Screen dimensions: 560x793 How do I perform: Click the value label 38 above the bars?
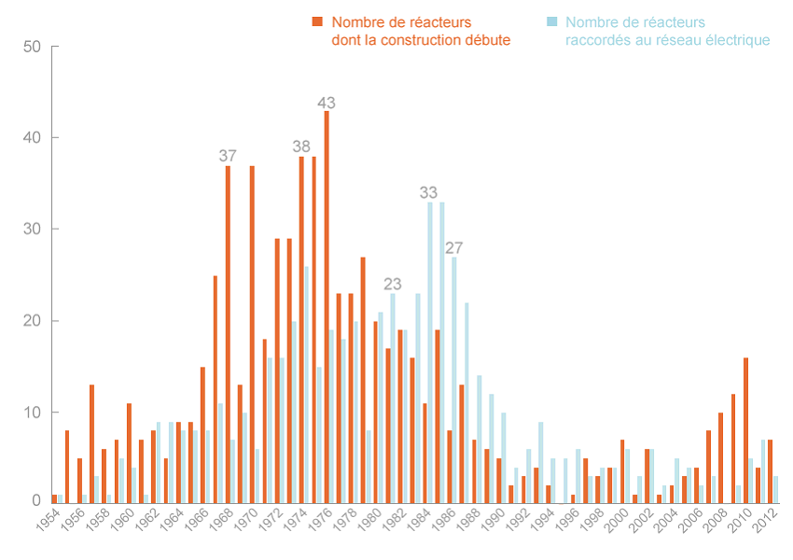click(301, 147)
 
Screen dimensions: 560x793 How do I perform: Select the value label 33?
click(428, 193)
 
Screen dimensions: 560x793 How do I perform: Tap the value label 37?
click(228, 156)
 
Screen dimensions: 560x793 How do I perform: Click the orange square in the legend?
click(317, 21)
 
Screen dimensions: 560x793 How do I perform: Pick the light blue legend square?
click(552, 21)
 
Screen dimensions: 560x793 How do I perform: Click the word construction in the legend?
click(416, 40)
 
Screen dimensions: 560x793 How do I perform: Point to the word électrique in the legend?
click(736, 40)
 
